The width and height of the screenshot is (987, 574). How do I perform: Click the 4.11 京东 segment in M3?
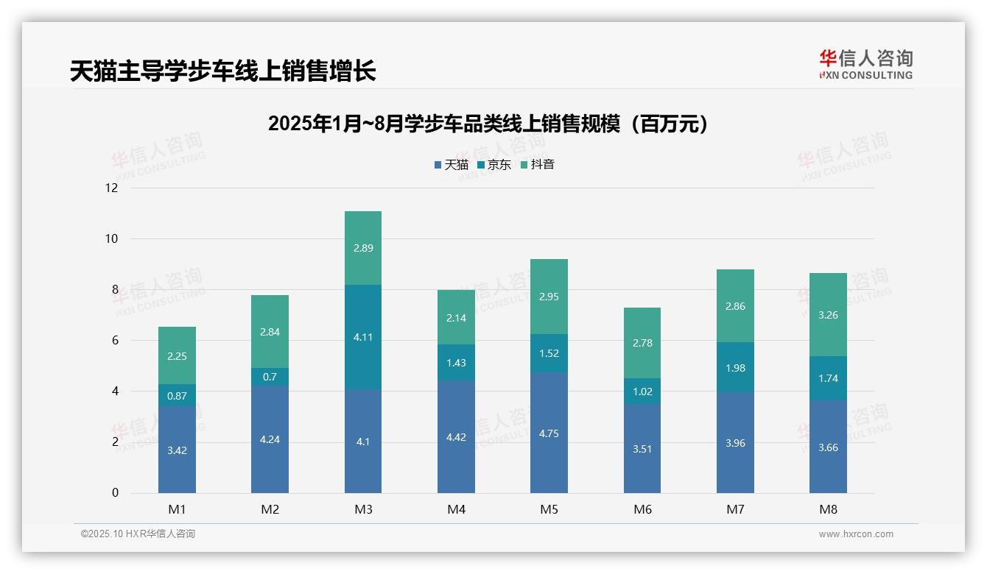coord(363,337)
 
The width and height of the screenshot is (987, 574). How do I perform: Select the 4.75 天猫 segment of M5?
coord(549,433)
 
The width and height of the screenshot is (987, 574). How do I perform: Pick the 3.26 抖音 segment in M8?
coord(828,315)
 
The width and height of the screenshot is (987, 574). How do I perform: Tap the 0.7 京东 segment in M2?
coord(270,377)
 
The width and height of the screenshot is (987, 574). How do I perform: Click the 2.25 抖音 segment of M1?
coord(177,356)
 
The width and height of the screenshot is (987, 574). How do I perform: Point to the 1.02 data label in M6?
coord(642,391)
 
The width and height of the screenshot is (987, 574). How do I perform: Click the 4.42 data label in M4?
coord(456,437)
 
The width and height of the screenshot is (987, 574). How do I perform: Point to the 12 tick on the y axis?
coord(111,188)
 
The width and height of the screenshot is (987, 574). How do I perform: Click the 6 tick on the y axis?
coord(114,340)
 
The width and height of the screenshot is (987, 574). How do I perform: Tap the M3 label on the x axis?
coord(363,509)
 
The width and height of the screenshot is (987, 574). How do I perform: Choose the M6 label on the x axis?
coord(642,509)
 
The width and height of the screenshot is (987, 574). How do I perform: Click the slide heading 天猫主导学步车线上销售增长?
coord(222,71)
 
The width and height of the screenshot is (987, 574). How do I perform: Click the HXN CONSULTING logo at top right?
coord(865,64)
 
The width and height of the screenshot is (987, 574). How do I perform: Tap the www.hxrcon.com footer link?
coord(856,534)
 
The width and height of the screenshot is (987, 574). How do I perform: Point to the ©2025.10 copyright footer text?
coord(138,534)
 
